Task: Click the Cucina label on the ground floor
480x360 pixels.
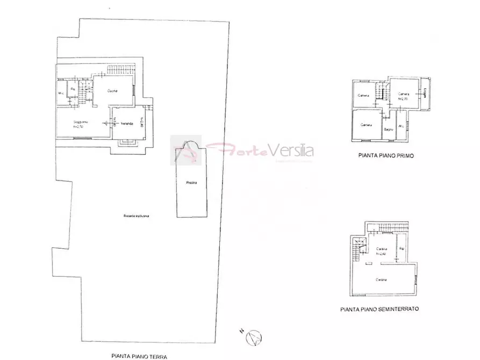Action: click(112, 90)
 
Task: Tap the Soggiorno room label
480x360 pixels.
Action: click(81, 122)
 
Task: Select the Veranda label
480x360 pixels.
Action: click(127, 124)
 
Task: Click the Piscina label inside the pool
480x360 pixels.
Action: click(191, 183)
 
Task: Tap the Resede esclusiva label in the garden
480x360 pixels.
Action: click(135, 215)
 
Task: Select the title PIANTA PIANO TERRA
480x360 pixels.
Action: click(139, 356)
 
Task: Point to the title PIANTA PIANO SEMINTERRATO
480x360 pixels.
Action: click(379, 309)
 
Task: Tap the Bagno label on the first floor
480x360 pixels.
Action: click(388, 129)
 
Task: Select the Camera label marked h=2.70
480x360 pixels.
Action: click(404, 95)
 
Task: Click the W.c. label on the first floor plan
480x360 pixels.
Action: click(400, 126)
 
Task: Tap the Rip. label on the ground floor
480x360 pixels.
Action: click(73, 89)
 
